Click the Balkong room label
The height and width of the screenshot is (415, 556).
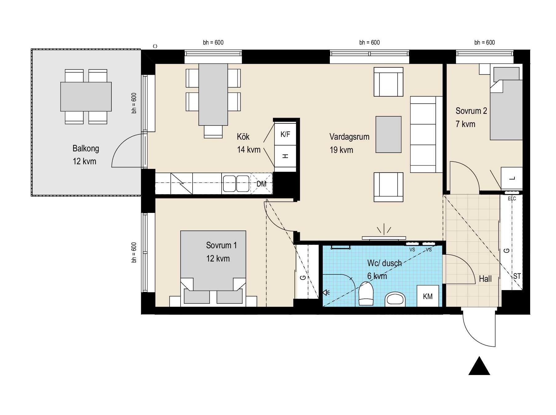[x=86, y=149]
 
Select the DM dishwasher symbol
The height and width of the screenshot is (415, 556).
[x=262, y=184]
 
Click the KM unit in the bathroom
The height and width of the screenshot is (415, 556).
[x=428, y=296]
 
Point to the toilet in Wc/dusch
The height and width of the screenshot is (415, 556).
[x=366, y=293]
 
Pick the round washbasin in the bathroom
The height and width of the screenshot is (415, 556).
[x=395, y=299]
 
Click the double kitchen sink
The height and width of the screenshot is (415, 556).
[x=236, y=184]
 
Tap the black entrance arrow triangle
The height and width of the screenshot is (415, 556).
[x=479, y=366]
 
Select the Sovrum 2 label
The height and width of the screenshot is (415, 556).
[x=471, y=111]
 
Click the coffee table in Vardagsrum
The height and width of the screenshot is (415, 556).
[x=388, y=134]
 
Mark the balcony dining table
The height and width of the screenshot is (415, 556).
[x=86, y=97]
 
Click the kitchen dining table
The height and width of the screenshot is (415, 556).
[x=213, y=94]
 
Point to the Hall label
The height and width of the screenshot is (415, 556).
[x=485, y=279]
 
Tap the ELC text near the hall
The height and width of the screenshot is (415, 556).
[x=512, y=199]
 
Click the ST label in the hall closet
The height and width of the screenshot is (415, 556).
[x=517, y=276]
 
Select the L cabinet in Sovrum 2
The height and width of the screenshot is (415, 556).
[x=512, y=178]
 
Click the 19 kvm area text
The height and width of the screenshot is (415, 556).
[x=341, y=150]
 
